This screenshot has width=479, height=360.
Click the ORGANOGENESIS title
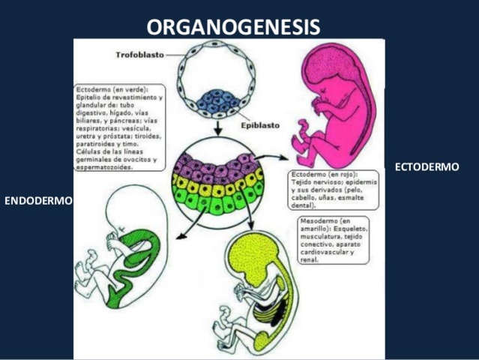pos(233,27)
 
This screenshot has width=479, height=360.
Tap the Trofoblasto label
pos(139,55)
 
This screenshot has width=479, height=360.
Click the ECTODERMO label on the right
pos(427,166)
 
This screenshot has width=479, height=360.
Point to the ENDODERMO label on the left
pos(38,201)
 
